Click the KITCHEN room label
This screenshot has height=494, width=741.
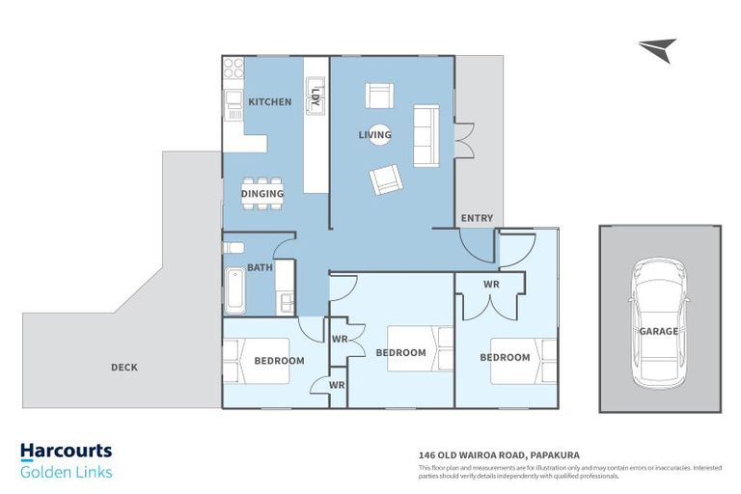270,101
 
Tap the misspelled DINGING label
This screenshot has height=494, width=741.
262,193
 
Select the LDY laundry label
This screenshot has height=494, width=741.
316,96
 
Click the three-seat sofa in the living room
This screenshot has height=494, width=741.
426,136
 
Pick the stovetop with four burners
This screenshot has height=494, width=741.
233,68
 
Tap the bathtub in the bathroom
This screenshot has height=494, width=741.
234,290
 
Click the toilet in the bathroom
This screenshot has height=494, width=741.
233,248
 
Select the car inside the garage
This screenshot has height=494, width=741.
659,323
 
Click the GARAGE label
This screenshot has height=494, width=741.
659,331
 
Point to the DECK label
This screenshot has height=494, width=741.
124,368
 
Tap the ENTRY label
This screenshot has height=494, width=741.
477,218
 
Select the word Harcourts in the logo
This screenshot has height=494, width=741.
67,452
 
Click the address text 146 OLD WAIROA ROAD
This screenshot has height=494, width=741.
473,455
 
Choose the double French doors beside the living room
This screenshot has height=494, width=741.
464,140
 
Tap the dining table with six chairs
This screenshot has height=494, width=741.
262,193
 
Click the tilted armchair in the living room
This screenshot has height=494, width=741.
386,179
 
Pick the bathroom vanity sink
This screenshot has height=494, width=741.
286,303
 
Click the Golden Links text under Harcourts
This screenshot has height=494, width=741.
67,472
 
